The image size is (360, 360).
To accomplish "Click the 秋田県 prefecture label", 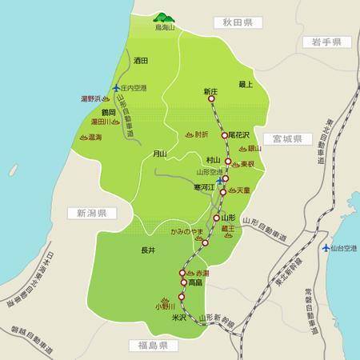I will coord(238,22).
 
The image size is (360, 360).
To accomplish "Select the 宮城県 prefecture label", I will coord(286,138).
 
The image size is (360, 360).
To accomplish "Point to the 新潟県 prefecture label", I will coord(92,214).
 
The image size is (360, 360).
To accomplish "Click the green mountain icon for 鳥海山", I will coord(164,18).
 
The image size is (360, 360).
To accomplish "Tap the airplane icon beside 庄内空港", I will coord(117,88).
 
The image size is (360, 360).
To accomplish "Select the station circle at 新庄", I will coord(211,100).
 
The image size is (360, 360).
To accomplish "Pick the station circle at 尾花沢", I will coord(225,135).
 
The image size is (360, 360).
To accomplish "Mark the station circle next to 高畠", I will coord(183,282).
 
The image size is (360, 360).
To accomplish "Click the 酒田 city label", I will coord(142,60).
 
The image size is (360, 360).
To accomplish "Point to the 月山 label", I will coord(160,154).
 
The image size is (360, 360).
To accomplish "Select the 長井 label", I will coord(148,250).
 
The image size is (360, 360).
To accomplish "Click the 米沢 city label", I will coord(178,317).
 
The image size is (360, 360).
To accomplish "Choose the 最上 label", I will coord(246,84).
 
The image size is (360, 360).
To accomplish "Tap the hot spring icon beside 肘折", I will coord(189,134).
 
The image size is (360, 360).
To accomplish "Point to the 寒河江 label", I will coord(205,187).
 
